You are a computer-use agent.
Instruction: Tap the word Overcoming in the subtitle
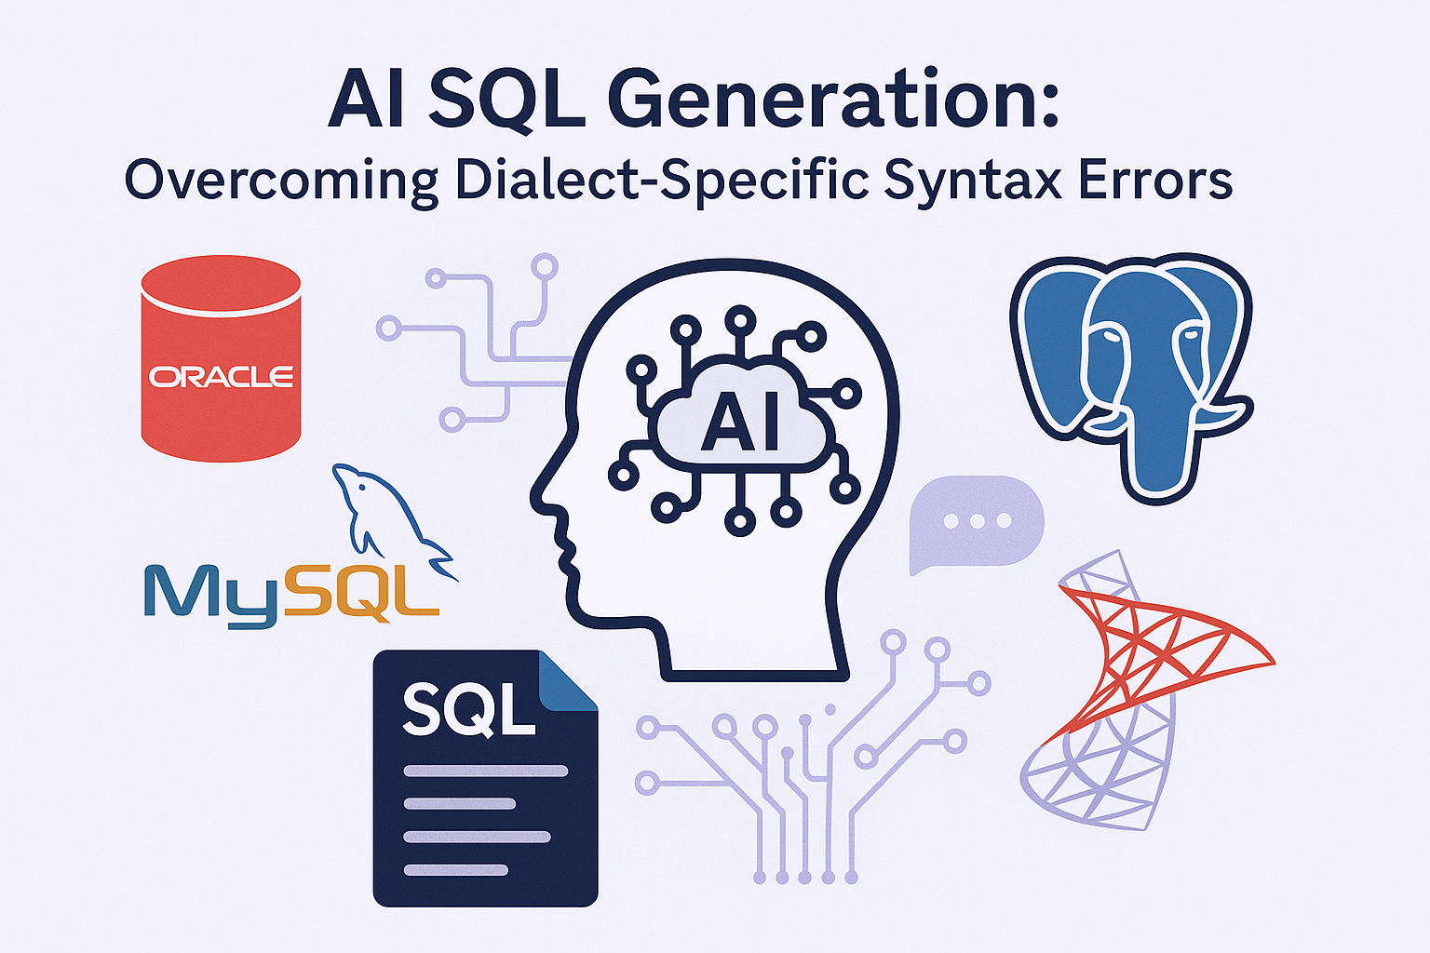pos(281,181)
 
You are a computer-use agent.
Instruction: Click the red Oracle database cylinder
pos(221,358)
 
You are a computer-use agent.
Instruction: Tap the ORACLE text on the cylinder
pos(221,376)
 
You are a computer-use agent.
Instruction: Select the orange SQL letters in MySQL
pos(357,595)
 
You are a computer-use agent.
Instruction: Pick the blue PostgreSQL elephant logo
pos(1131,377)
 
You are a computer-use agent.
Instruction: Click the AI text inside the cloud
pos(740,422)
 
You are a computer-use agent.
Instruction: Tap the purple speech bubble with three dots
pos(976,522)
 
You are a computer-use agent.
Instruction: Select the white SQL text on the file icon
pos(468,709)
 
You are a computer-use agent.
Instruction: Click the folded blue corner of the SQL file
pos(568,680)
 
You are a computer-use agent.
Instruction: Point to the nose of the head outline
pos(535,497)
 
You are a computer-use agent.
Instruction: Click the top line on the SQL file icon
pos(486,772)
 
